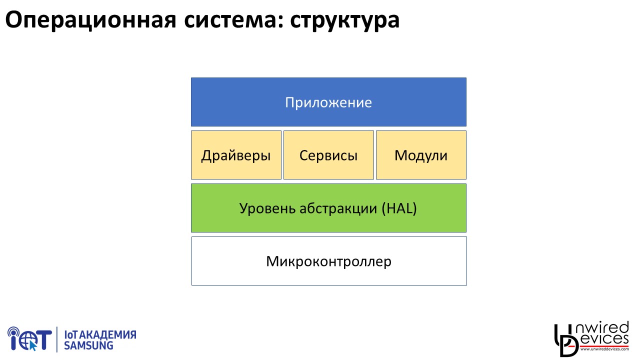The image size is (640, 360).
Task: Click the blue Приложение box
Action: (x=328, y=102)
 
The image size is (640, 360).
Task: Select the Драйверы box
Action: (x=236, y=155)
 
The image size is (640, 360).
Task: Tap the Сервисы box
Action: (x=328, y=155)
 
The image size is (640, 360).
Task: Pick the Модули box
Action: (x=421, y=155)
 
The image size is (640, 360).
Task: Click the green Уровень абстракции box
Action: (x=328, y=208)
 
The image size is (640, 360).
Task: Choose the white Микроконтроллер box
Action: (x=329, y=261)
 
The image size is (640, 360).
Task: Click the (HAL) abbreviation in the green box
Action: (x=399, y=208)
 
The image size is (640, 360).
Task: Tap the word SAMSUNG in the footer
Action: (x=88, y=345)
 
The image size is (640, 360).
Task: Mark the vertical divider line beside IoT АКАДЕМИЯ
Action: (x=57, y=339)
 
